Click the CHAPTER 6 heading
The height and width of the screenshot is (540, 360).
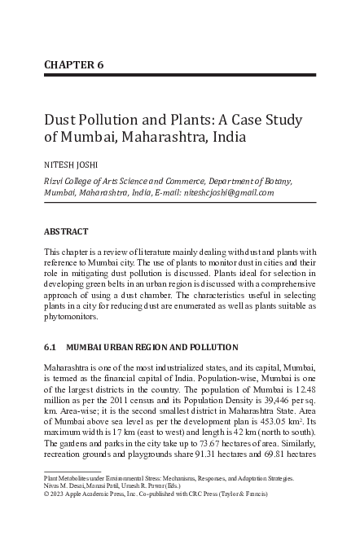73,64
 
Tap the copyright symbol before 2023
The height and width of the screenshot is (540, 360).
46,494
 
